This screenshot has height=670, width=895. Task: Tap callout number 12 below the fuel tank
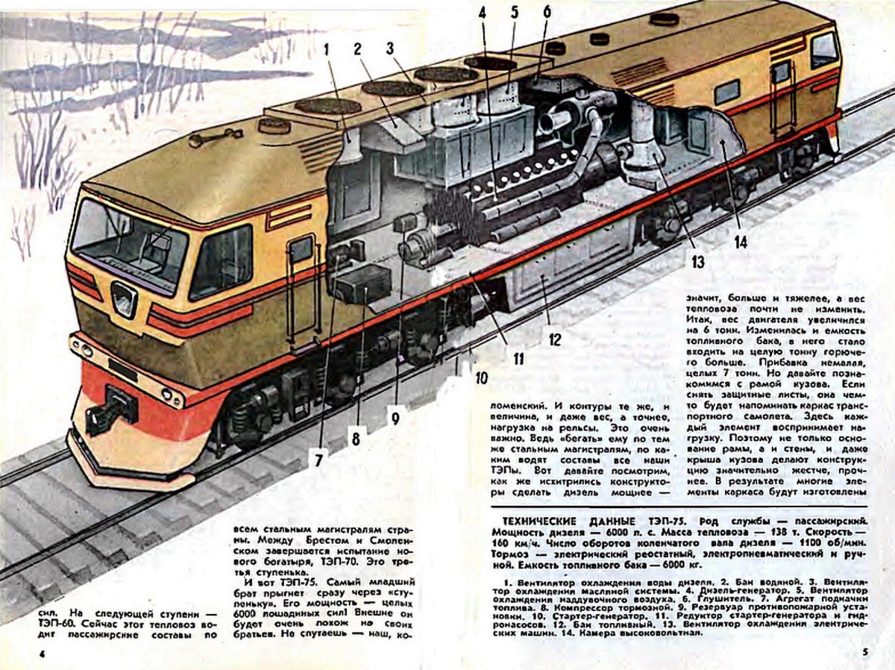coord(554,340)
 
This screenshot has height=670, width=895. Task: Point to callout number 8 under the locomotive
coord(356,439)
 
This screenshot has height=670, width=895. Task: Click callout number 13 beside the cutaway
coord(697,261)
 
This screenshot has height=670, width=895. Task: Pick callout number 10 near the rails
coord(481,378)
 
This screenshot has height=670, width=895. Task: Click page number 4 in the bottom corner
coord(43,654)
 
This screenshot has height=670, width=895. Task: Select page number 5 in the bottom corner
coord(864,653)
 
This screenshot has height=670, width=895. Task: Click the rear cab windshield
coord(823,50)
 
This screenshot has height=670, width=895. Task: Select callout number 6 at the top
coord(547,13)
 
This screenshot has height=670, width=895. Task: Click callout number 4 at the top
coord(482,13)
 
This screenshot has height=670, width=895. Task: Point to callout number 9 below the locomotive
coord(395,419)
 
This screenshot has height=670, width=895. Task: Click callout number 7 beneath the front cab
coord(318,460)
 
